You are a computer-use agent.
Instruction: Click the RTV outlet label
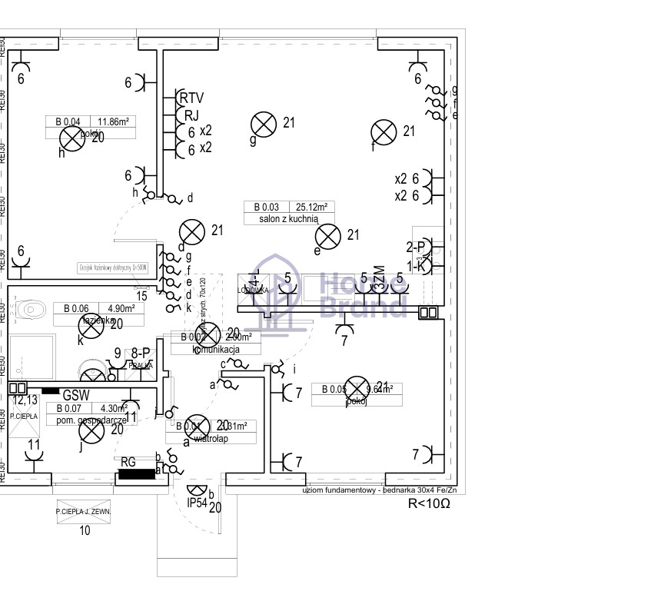click(x=191, y=98)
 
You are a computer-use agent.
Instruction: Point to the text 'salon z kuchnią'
click(x=289, y=219)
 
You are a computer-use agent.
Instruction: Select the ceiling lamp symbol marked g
click(x=264, y=124)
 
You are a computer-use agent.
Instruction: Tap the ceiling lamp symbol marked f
click(x=383, y=132)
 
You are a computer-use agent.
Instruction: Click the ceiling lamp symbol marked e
click(x=329, y=236)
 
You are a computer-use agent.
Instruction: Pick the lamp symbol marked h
click(x=72, y=138)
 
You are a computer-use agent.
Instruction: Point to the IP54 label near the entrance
click(x=198, y=503)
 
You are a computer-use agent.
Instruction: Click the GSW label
click(x=77, y=395)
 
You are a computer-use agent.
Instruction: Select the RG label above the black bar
click(x=128, y=462)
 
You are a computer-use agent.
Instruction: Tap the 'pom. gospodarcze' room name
click(x=86, y=420)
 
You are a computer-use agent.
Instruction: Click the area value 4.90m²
click(x=120, y=309)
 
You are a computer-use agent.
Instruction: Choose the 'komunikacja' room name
click(x=217, y=350)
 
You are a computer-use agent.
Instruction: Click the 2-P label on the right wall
click(x=416, y=247)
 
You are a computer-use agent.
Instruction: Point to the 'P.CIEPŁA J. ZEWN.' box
click(x=84, y=511)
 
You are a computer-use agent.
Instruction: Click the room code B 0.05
click(x=334, y=389)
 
